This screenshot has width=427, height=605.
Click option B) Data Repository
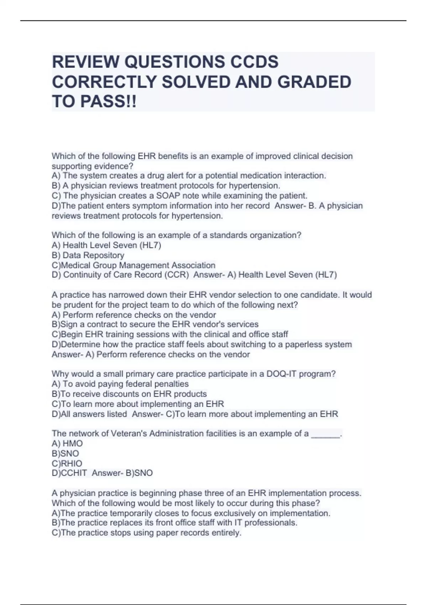coord(88,255)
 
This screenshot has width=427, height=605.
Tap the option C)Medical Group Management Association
coord(133,265)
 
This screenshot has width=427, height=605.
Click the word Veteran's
coord(129,433)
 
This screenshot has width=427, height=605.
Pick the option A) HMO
coord(67,443)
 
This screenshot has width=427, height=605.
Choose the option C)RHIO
coord(67,463)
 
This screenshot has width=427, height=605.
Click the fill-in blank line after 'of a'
coord(326,435)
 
